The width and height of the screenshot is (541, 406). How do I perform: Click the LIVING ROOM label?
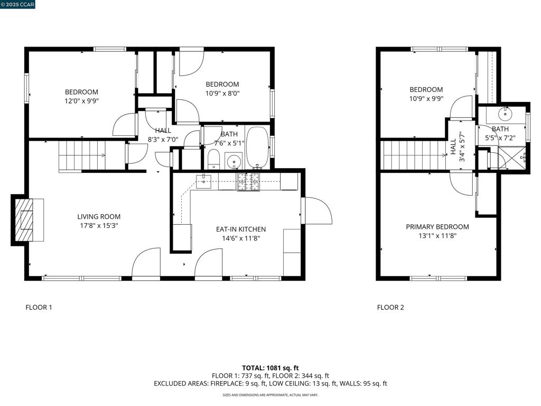[99, 217]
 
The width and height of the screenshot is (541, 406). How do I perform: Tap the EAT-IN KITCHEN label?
[241, 229]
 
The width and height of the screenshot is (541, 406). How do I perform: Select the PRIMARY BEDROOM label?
[437, 227]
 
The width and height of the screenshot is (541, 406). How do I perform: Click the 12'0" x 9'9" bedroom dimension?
[81, 101]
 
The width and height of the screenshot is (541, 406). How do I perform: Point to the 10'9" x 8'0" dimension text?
[222, 93]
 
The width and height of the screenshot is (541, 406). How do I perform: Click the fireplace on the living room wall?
[27, 220]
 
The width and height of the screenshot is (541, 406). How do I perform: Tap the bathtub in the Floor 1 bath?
[257, 148]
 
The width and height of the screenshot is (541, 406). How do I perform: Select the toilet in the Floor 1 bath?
[214, 160]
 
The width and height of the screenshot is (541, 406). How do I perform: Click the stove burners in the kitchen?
[248, 182]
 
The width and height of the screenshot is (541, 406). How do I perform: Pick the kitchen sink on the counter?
[203, 182]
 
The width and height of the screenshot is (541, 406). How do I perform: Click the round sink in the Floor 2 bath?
[505, 113]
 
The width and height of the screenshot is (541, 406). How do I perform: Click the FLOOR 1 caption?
[39, 307]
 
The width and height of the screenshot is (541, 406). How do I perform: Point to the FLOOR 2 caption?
[390, 307]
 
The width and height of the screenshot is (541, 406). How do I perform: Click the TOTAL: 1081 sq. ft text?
[270, 368]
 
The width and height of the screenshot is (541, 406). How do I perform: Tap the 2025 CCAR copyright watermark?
[17, 4]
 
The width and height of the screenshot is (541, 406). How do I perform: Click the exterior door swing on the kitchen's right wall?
[317, 210]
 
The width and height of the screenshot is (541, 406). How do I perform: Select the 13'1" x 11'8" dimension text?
[437, 236]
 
